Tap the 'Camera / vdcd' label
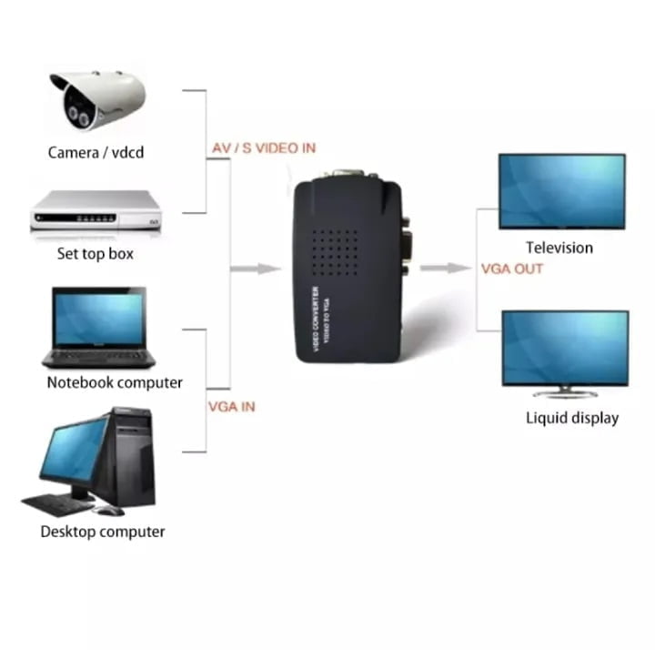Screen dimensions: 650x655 [96, 152]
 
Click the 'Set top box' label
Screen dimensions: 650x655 [96, 254]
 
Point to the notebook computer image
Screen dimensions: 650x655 [97, 326]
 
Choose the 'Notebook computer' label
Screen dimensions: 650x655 [115, 382]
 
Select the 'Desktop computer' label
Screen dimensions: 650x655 [103, 531]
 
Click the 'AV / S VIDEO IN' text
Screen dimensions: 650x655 [264, 148]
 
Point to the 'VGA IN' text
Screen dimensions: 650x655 [232, 406]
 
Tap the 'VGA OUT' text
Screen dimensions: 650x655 [512, 269]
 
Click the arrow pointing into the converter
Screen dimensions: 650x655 [256, 269]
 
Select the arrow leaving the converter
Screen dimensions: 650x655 [447, 269]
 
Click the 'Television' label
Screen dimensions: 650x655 [559, 248]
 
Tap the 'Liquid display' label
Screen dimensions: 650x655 [572, 418]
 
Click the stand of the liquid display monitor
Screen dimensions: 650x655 [565, 391]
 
